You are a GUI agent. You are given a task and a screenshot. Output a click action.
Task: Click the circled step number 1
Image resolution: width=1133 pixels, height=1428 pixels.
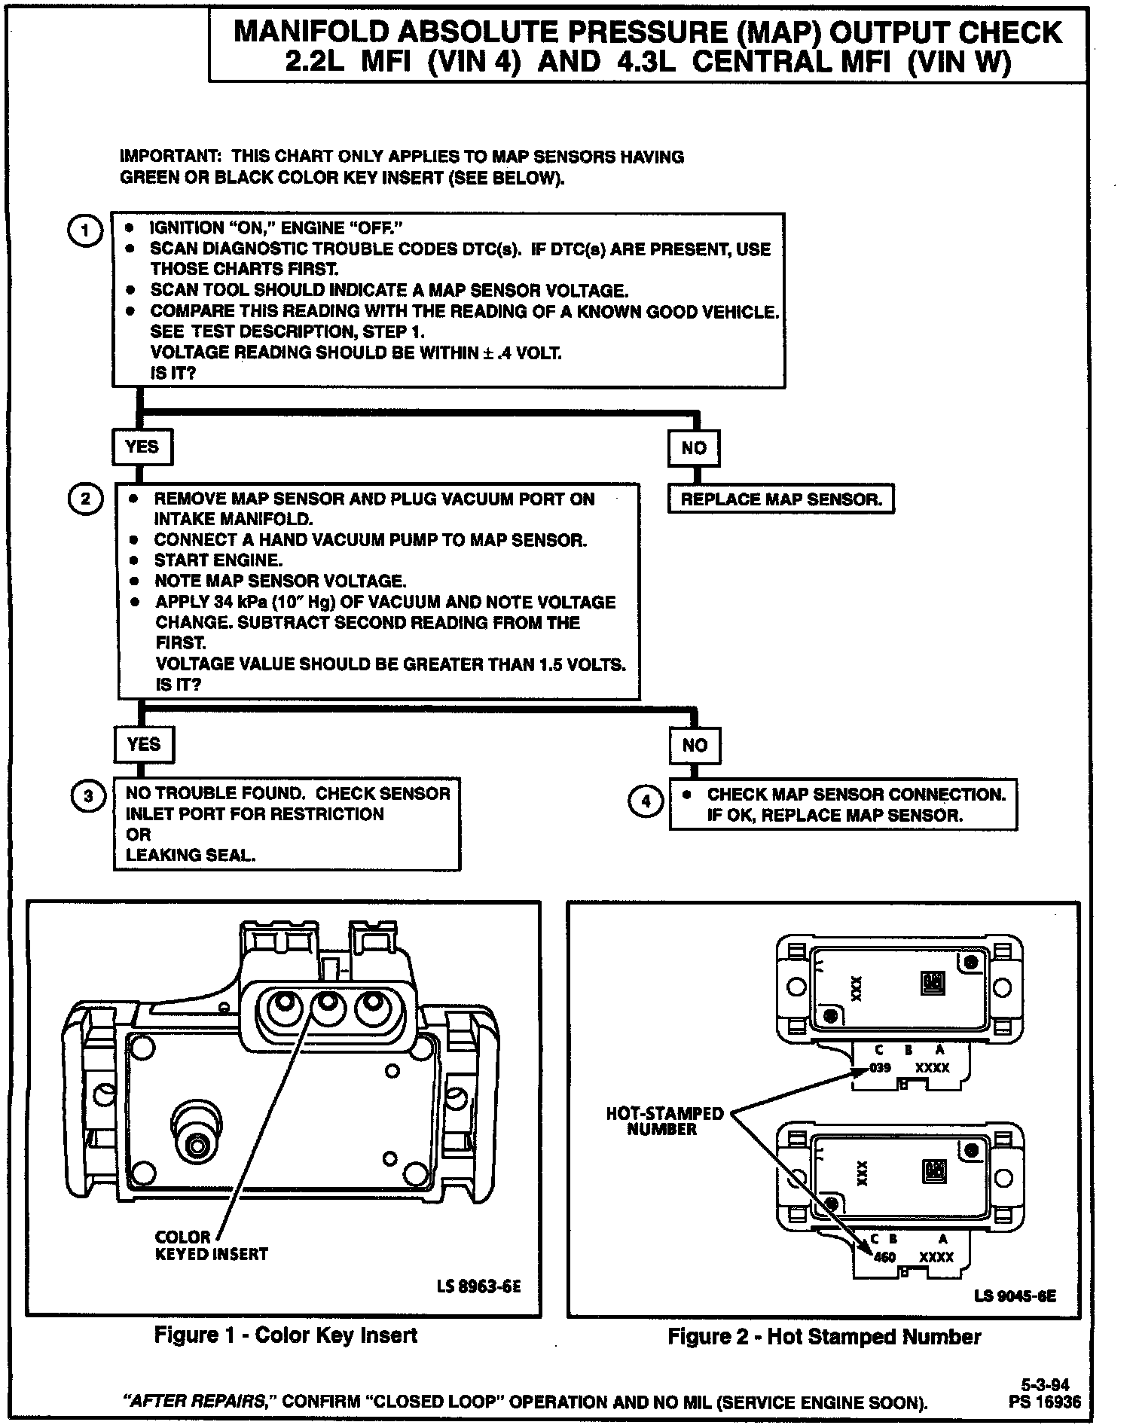tap(84, 230)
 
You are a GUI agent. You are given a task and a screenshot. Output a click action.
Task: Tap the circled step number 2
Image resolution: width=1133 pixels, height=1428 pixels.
tap(84, 499)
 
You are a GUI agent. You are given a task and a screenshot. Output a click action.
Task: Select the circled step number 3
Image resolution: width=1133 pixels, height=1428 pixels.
tap(88, 797)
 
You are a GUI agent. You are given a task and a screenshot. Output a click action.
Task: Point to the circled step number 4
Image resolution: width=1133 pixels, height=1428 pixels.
tap(646, 802)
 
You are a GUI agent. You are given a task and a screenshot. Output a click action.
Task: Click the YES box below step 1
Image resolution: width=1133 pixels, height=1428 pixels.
tap(142, 447)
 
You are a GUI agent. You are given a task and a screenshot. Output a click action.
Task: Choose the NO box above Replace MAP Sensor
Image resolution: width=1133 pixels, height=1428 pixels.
tap(694, 448)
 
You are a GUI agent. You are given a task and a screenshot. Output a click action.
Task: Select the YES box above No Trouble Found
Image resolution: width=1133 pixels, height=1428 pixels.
tap(143, 745)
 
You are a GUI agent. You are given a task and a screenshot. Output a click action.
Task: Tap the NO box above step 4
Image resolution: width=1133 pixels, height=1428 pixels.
tap(695, 746)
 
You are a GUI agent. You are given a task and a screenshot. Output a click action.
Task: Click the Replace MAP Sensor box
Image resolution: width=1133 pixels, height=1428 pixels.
tap(781, 499)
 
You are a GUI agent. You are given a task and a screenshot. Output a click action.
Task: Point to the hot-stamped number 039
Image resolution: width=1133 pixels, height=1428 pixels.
tap(880, 1068)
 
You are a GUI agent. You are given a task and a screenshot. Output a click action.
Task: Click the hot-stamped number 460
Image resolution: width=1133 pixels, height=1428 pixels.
tap(884, 1257)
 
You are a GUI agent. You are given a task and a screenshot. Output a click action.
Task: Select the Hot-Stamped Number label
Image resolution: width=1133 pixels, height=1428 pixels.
tap(664, 1121)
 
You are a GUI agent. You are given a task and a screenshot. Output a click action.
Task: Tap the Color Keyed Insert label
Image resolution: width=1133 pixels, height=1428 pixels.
tap(211, 1246)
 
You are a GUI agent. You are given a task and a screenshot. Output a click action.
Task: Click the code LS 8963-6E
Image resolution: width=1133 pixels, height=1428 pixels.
tap(479, 1286)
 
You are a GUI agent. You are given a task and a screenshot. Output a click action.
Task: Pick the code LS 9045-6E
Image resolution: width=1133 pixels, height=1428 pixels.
tap(1015, 1296)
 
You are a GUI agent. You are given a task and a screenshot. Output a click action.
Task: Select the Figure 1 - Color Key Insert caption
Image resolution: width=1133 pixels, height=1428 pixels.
tap(286, 1335)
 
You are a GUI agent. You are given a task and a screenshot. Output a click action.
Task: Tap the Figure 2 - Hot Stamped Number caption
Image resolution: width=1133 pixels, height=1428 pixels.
tap(824, 1337)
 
